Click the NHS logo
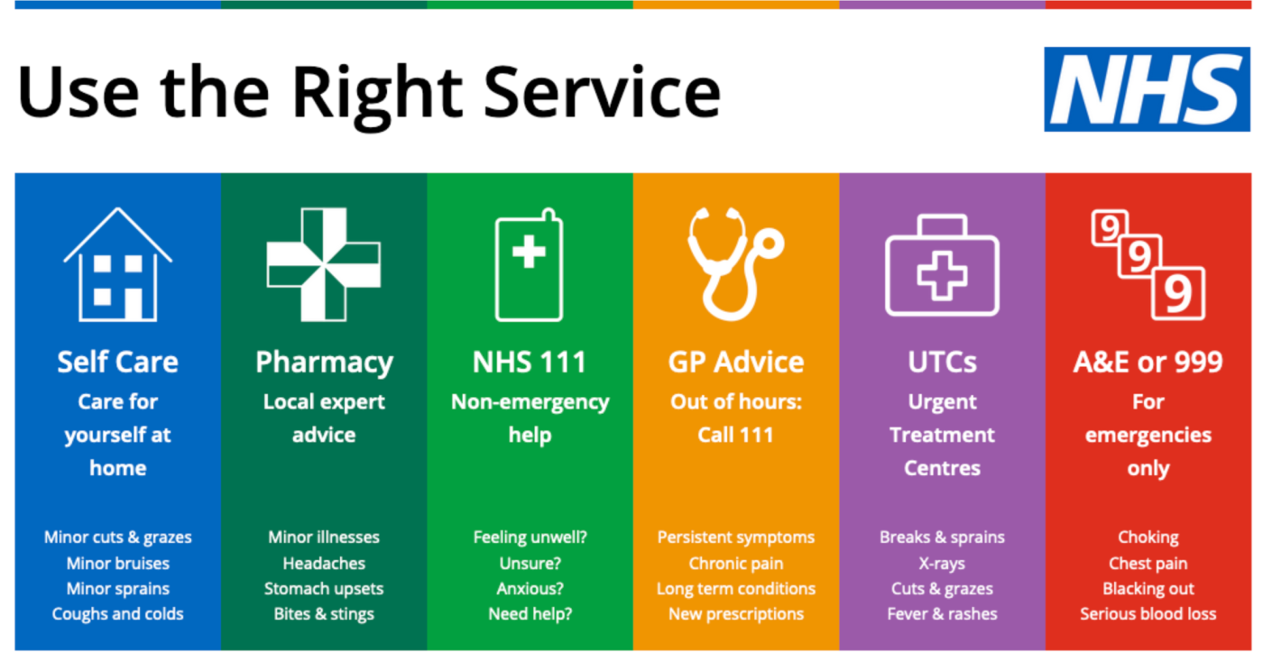[1147, 89]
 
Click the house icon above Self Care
[117, 265]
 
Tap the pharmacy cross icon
[323, 264]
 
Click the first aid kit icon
[942, 267]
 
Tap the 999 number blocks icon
[1148, 263]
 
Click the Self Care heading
[117, 362]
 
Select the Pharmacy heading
[324, 363]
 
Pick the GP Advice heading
[735, 362]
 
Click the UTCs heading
[942, 362]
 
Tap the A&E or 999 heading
[1148, 362]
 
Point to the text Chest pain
[1148, 564]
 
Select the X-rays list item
[942, 564]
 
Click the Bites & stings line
[324, 614]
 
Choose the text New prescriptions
[735, 614]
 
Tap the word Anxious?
[530, 589]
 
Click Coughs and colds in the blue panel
[117, 614]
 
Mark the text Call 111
[735, 435]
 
